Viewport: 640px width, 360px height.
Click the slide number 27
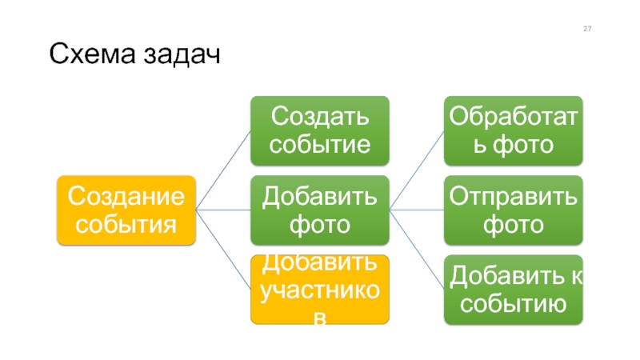pyautogui.click(x=587, y=29)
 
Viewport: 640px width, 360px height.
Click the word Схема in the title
pyautogui.click(x=92, y=54)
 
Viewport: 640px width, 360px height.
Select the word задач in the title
pyautogui.click(x=182, y=55)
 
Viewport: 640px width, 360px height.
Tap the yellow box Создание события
pyautogui.click(x=126, y=210)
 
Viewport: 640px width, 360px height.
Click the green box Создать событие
pyautogui.click(x=320, y=130)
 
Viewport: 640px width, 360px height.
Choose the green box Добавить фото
pyautogui.click(x=320, y=210)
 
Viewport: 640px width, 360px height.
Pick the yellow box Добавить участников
pyautogui.click(x=320, y=290)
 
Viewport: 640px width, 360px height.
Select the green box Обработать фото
pyautogui.click(x=514, y=130)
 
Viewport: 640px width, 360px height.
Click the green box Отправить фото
pyautogui.click(x=514, y=210)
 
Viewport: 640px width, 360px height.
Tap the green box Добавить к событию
pyautogui.click(x=514, y=290)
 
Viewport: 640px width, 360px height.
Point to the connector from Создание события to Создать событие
pyautogui.click(x=223, y=170)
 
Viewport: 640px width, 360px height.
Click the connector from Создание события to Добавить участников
pyautogui.click(x=223, y=250)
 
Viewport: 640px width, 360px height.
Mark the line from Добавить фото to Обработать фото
pyautogui.click(x=417, y=170)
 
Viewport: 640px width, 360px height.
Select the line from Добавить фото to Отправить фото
pyautogui.click(x=417, y=210)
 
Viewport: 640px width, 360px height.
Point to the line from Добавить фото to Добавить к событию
pyautogui.click(x=417, y=250)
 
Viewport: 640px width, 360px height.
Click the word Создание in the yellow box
pyautogui.click(x=126, y=196)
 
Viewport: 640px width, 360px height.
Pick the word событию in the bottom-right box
pyautogui.click(x=514, y=304)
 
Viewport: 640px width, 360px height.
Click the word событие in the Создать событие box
pyautogui.click(x=320, y=145)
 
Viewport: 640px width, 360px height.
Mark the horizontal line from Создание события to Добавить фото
pyautogui.click(x=223, y=210)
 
